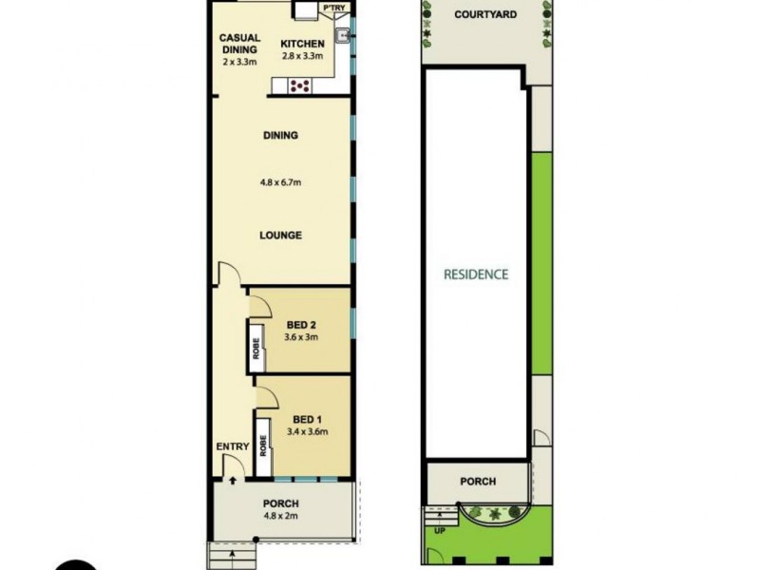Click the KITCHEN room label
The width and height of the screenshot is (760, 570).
(x=302, y=44)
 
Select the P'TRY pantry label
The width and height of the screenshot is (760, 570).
(x=333, y=9)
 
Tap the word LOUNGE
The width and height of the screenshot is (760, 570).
(x=281, y=236)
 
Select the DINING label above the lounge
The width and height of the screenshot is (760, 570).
(x=281, y=135)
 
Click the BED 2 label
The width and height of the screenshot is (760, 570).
(x=302, y=324)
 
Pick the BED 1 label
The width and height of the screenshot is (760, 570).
(x=306, y=419)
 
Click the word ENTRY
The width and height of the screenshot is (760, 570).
(x=232, y=447)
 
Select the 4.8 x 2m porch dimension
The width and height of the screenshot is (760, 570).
(x=281, y=518)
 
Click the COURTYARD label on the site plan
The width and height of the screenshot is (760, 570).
(x=484, y=14)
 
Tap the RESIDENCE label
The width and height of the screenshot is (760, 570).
(x=476, y=275)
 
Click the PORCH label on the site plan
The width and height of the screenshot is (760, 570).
(x=478, y=482)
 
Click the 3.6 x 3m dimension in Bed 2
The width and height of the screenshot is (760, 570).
(x=302, y=337)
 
